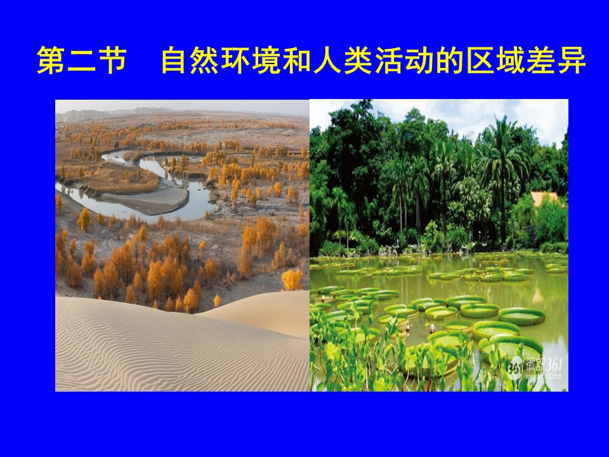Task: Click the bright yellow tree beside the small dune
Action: click(x=292, y=279)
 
